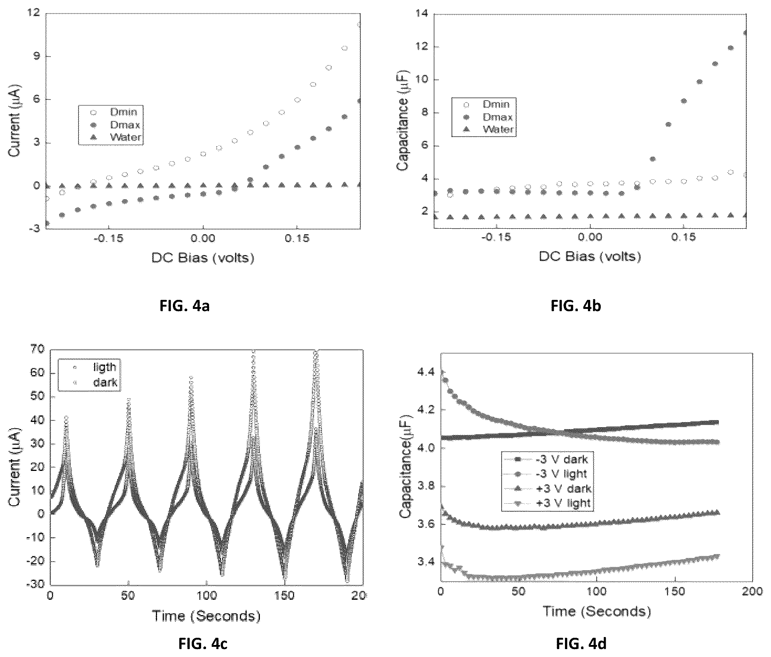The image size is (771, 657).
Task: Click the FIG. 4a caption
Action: [185, 306]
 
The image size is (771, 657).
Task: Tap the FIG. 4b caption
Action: [576, 306]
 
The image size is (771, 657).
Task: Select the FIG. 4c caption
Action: [203, 644]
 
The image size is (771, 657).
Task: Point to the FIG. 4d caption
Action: [581, 644]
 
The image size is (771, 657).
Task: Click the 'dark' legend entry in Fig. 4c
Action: [96, 383]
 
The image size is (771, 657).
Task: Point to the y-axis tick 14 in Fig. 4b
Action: [421, 14]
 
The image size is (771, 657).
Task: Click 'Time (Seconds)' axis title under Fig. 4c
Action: [206, 616]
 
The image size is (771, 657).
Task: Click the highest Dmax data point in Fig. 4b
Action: [745, 33]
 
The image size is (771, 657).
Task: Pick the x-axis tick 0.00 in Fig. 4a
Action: [203, 238]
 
